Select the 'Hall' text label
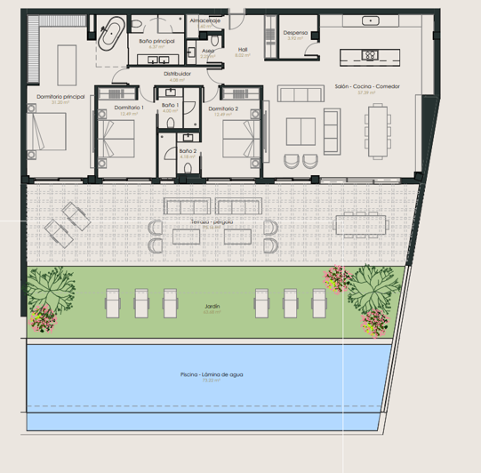243,50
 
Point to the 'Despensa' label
297,33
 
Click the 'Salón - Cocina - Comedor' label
362,86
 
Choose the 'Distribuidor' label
179,75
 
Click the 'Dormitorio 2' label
223,108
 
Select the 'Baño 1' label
170,106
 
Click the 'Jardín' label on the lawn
211,306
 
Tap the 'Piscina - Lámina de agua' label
211,374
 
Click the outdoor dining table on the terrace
364,221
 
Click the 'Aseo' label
208,51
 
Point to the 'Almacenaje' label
205,19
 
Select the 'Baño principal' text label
157,42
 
